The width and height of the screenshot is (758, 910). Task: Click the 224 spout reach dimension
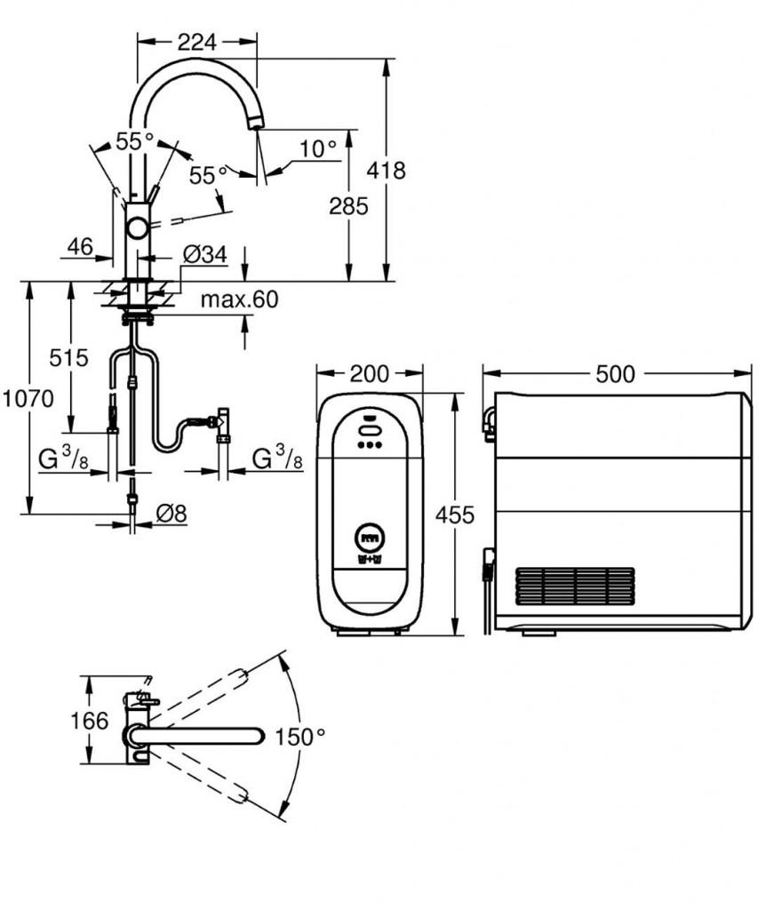tap(197, 41)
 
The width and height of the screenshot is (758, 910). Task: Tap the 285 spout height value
tap(347, 206)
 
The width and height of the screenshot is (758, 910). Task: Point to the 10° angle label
tap(317, 148)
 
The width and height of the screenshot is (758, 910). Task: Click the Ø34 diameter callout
tap(205, 255)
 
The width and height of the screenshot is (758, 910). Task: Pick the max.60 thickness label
tap(238, 299)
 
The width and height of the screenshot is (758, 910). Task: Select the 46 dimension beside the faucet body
tap(80, 247)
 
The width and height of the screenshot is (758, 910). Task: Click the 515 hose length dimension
tap(69, 358)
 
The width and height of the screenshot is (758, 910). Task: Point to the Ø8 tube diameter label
tap(170, 513)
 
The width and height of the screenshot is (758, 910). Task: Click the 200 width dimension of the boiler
tap(369, 374)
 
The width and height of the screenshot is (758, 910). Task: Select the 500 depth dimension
tap(615, 374)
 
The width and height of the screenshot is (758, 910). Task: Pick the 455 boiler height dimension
tap(455, 514)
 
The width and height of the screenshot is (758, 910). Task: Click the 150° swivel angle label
tap(300, 737)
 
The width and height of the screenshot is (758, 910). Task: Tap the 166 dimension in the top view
tap(89, 720)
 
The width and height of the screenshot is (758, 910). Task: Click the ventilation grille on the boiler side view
tap(575, 587)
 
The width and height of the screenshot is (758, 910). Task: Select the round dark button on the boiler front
tap(369, 537)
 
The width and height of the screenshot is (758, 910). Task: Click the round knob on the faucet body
tap(138, 228)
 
